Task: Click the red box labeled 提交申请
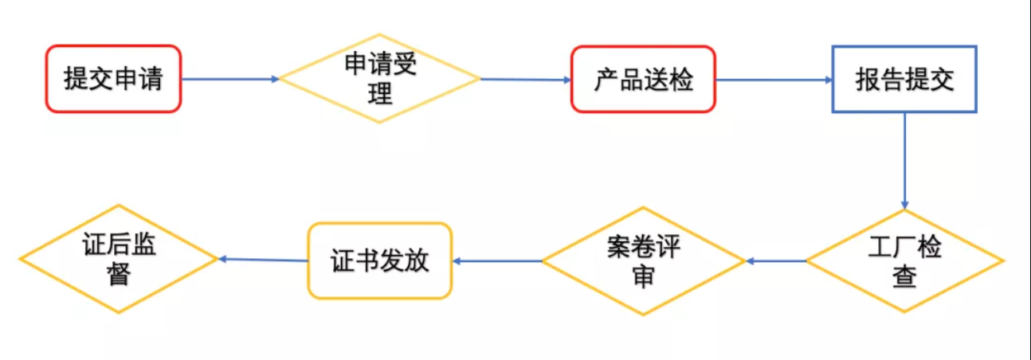coord(113,79)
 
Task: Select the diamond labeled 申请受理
coord(380,79)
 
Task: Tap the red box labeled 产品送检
coord(643,79)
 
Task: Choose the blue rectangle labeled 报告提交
coord(904,79)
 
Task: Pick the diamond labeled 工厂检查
coord(904,260)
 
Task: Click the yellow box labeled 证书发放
coord(380,260)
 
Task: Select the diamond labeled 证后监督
coord(119,259)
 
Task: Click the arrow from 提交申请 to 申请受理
coord(231,79)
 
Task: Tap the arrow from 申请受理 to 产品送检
coord(526,79)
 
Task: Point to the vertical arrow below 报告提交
coord(904,159)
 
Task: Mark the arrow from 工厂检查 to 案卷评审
coord(776,260)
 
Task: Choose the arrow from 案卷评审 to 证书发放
coord(498,260)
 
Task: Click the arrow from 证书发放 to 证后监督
coord(263,260)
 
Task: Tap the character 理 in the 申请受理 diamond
coord(380,95)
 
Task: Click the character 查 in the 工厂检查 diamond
coord(904,276)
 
